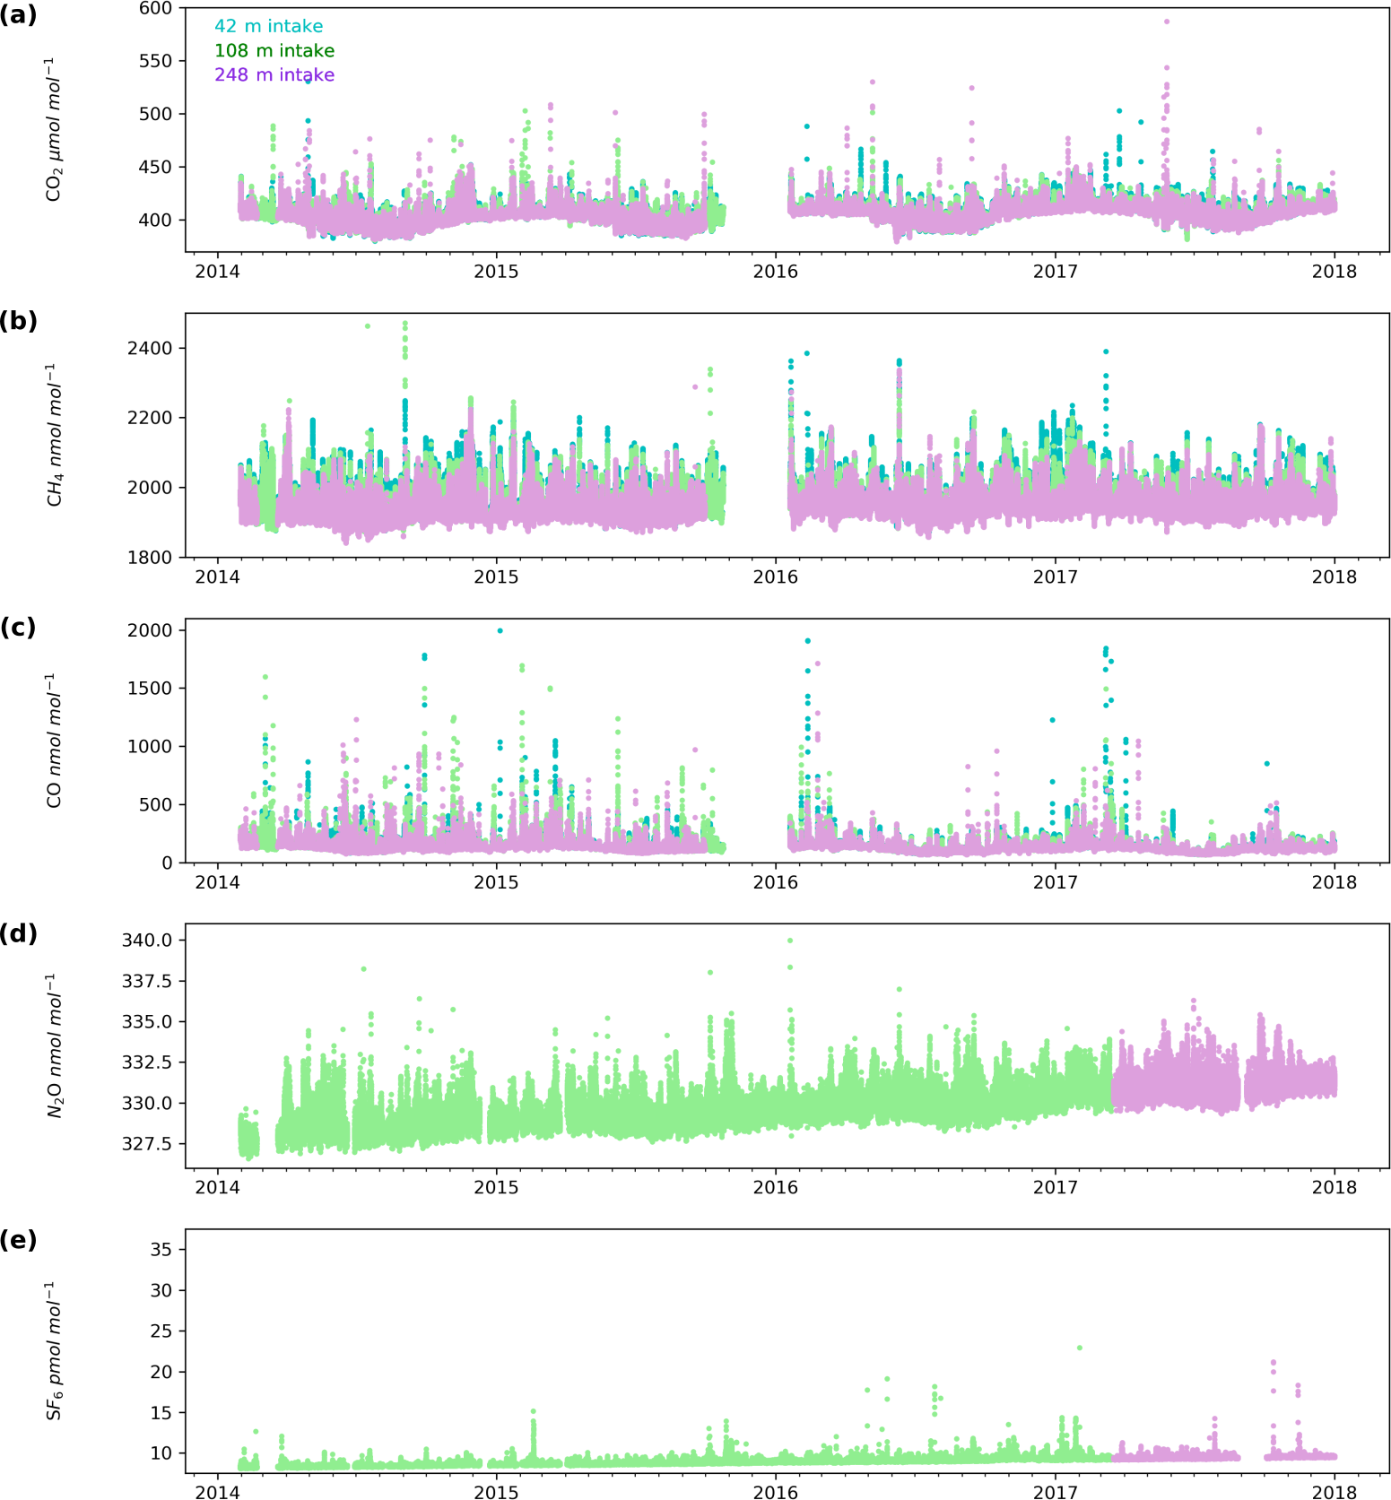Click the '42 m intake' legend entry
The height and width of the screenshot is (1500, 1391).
(268, 27)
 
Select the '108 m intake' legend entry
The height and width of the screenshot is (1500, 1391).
(274, 51)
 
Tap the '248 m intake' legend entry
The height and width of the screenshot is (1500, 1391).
(274, 75)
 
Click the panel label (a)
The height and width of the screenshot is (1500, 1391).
(18, 15)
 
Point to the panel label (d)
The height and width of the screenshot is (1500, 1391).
(18, 933)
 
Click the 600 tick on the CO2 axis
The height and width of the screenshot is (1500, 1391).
(156, 9)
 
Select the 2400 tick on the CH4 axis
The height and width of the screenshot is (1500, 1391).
(151, 348)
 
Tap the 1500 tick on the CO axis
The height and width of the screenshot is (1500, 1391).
(151, 689)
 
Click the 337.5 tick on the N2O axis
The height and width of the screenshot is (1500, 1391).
(147, 981)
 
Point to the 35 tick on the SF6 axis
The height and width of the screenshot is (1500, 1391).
(161, 1250)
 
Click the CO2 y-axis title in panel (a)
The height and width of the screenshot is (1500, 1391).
(55, 130)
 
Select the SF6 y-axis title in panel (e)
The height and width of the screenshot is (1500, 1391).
(55, 1350)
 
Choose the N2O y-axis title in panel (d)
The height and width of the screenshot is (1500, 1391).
(55, 1045)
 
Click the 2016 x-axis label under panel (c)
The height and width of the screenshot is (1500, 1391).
(775, 882)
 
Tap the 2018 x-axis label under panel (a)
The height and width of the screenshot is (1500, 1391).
(1334, 272)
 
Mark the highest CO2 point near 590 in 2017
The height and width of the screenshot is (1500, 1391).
(1166, 22)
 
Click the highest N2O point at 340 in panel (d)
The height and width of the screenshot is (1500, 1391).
(790, 941)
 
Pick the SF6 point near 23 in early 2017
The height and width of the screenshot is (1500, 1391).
(1080, 1348)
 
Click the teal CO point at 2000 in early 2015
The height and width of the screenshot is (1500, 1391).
(500, 630)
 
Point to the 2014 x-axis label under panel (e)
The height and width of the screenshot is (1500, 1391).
(217, 1493)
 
